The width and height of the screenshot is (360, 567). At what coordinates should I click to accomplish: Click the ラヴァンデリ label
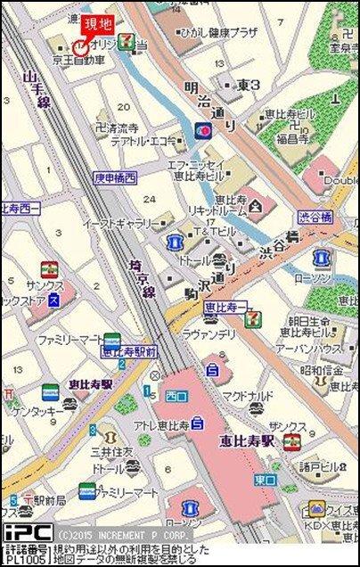(209, 333)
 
